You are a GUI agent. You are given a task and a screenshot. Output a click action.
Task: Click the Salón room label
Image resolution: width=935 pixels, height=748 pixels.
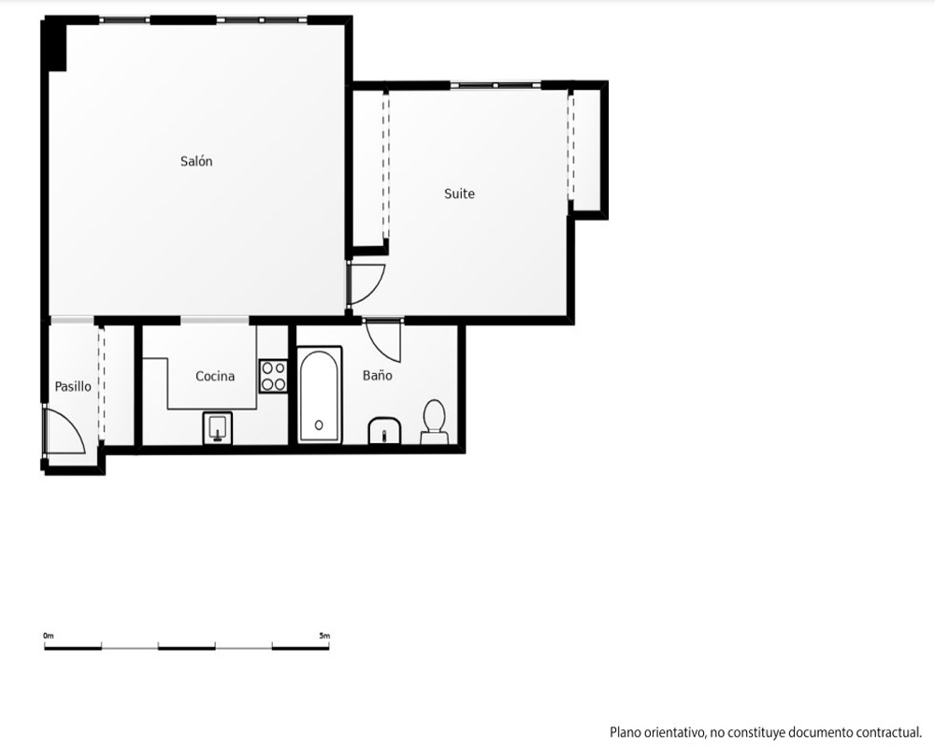[x=196, y=161]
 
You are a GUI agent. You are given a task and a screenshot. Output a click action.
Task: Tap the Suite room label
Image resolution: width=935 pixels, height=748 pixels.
[x=459, y=194]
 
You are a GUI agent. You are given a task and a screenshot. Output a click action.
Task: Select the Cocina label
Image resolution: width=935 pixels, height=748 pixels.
[x=215, y=376]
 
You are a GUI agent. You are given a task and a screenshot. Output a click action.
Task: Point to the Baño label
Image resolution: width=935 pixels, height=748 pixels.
[x=378, y=375]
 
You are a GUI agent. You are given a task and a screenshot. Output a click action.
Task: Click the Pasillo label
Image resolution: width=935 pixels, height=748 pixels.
[x=73, y=386]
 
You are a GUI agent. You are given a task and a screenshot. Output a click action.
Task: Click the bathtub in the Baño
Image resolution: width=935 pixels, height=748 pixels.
[x=319, y=395]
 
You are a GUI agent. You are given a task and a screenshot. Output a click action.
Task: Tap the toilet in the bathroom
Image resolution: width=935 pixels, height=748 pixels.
[x=434, y=422]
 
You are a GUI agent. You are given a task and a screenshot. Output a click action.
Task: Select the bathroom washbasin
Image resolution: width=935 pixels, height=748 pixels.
[x=384, y=431]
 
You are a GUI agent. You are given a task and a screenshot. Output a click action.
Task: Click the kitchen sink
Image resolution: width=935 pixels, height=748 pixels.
[x=218, y=427]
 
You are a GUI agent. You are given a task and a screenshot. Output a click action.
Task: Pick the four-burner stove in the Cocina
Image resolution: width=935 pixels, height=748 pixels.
[x=273, y=376]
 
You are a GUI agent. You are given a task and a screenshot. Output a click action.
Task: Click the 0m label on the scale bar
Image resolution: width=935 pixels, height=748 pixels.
[x=49, y=636]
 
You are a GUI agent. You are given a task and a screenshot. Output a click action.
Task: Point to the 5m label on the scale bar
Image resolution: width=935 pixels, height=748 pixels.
[x=324, y=636]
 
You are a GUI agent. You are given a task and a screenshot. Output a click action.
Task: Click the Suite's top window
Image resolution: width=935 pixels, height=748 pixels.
[x=496, y=85]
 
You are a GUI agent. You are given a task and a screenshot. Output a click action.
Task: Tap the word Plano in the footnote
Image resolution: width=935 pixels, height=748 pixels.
[x=625, y=732]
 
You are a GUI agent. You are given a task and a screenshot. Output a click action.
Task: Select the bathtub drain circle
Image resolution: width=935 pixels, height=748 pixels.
[x=319, y=425]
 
